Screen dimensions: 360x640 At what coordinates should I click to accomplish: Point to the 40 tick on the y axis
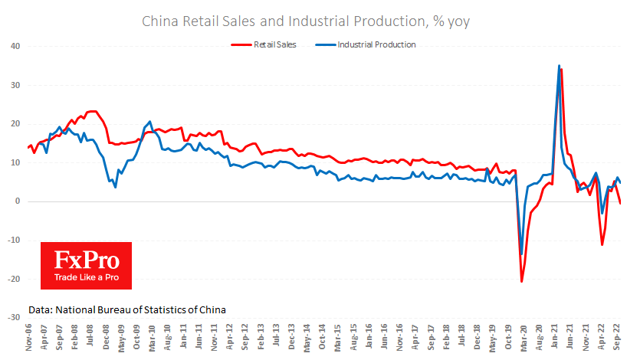click(x=15, y=46)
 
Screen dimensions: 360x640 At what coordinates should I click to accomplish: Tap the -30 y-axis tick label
click(x=13, y=317)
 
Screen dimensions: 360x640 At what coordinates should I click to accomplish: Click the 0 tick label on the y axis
click(x=18, y=201)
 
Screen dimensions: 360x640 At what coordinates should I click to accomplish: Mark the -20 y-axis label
click(x=13, y=279)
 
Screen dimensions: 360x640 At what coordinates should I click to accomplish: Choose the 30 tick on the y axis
click(x=15, y=85)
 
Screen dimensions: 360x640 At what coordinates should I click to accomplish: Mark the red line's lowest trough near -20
click(x=522, y=281)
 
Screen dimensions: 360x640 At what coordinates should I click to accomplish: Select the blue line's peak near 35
click(x=559, y=66)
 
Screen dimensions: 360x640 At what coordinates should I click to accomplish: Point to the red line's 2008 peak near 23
click(x=93, y=112)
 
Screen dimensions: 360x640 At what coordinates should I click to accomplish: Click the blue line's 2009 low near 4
click(x=116, y=187)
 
